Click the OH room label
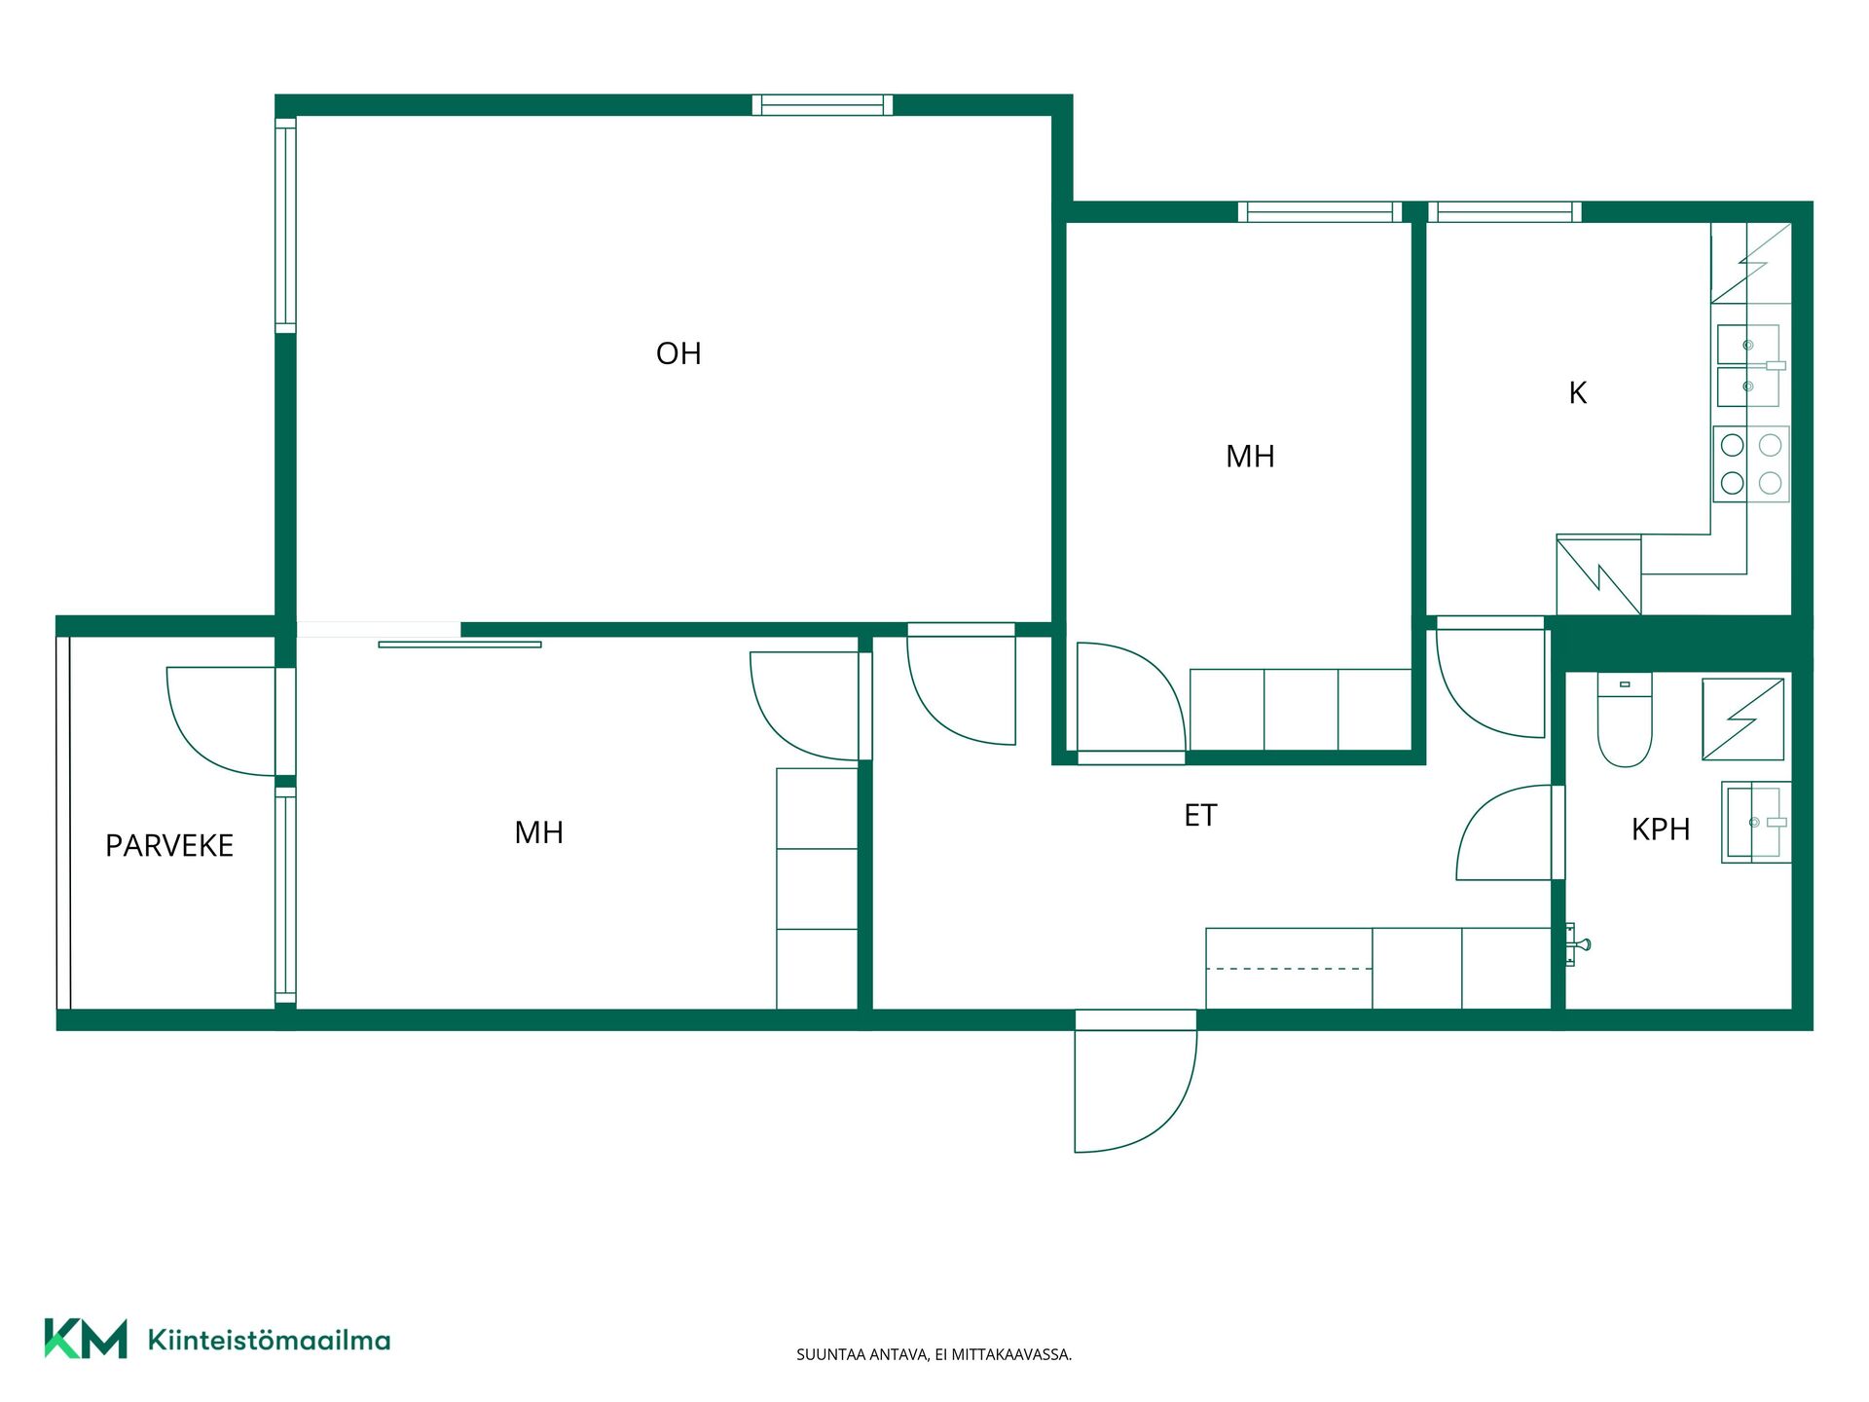pos(678,353)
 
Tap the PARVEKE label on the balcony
pos(169,845)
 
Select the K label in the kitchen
pos(1578,392)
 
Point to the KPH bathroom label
pos(1661,830)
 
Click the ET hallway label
pos(1200,815)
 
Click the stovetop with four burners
pos(1751,464)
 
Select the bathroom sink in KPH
pos(1756,823)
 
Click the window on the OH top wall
pos(823,105)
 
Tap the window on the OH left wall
pos(285,225)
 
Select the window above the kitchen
pos(1505,212)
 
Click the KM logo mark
pos(86,1339)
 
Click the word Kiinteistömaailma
pos(269,1341)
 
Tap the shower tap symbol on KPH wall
pos(1577,944)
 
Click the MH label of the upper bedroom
pos(1250,457)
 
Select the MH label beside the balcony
pos(538,832)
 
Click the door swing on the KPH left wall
pos(1504,832)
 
